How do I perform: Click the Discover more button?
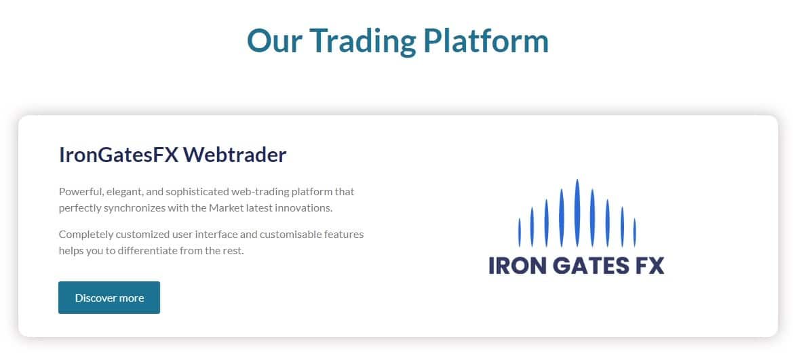(x=109, y=298)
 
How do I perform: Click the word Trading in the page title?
(x=363, y=42)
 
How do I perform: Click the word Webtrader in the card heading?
(x=235, y=155)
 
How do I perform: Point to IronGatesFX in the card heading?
(x=119, y=155)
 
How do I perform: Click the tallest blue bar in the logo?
(x=577, y=213)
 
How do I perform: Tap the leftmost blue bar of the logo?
(x=520, y=233)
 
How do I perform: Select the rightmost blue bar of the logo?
(x=635, y=233)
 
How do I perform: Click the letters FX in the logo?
(x=649, y=266)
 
